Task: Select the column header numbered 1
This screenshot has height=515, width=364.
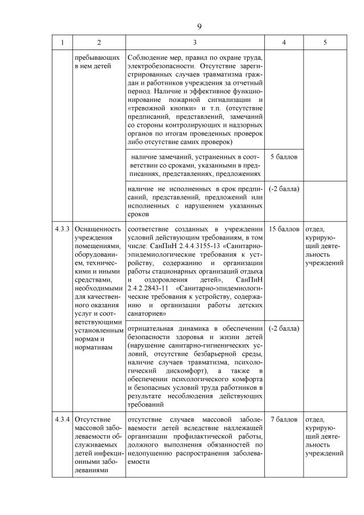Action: point(63,42)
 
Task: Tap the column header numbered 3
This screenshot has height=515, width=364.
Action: point(195,42)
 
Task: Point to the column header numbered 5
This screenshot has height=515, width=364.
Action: point(325,42)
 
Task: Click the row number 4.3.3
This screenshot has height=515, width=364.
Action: point(63,229)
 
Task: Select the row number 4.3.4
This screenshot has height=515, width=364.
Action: point(63,419)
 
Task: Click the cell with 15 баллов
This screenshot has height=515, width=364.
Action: point(284,229)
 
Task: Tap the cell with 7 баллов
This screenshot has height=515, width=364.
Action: point(284,419)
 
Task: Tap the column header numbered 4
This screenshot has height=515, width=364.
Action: point(284,42)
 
